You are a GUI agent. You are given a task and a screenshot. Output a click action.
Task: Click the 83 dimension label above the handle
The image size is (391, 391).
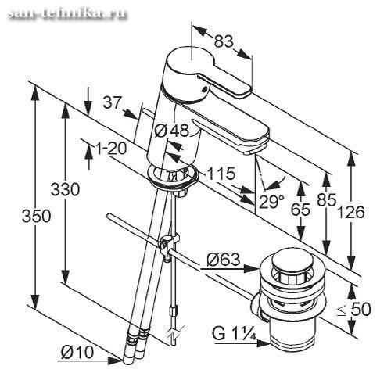(224, 41)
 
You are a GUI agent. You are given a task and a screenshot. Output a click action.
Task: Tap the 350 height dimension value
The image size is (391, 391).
(36, 216)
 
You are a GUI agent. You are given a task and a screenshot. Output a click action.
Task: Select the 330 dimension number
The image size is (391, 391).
(65, 189)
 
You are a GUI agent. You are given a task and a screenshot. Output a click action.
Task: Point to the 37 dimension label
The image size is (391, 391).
(113, 102)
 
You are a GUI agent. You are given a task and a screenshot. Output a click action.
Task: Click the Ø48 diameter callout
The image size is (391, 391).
(171, 131)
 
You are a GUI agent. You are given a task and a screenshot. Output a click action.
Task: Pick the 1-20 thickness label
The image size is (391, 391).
(111, 149)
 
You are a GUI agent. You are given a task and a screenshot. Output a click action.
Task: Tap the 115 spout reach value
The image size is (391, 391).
(221, 174)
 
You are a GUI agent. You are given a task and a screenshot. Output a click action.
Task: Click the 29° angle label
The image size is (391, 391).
(271, 201)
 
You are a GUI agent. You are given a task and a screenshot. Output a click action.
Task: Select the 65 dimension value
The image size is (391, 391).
(300, 210)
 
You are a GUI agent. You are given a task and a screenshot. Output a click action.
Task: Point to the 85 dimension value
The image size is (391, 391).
(327, 200)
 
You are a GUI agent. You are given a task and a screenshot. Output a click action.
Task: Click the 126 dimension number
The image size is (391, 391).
(351, 212)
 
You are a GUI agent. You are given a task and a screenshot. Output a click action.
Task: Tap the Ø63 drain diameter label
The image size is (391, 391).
(224, 260)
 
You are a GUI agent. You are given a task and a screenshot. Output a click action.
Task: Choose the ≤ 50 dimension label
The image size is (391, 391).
(353, 310)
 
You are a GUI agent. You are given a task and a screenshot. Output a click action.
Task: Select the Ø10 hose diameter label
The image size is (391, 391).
(77, 353)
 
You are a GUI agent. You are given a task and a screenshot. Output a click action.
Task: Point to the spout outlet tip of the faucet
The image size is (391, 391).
(250, 152)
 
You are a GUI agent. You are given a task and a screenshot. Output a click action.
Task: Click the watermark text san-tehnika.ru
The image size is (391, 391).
(67, 12)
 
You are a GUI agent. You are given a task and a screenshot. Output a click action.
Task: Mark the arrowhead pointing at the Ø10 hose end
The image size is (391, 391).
(115, 361)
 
